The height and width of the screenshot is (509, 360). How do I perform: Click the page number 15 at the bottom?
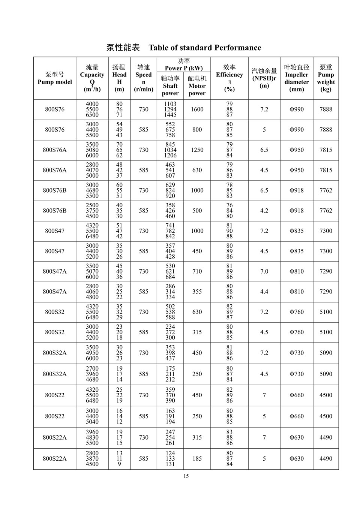[x=186, y=476]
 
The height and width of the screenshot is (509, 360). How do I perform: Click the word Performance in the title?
[x=238, y=48]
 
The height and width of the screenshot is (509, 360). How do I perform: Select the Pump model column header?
[x=55, y=78]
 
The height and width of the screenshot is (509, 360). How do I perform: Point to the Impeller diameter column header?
[x=297, y=78]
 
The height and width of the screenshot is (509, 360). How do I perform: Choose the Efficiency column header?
[x=229, y=78]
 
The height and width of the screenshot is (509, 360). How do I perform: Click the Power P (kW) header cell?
[x=184, y=64]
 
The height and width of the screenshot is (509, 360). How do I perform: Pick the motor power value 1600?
[x=197, y=109]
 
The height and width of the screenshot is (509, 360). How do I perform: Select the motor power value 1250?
[x=197, y=150]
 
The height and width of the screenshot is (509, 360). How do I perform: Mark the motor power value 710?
[x=197, y=271]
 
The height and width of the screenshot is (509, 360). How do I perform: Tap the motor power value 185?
[x=197, y=458]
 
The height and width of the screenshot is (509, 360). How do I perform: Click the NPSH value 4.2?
[x=264, y=211]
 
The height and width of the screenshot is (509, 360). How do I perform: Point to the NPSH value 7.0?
[x=264, y=271]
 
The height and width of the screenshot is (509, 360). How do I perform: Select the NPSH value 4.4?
[x=264, y=292]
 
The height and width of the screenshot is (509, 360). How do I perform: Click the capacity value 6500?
[x=92, y=115]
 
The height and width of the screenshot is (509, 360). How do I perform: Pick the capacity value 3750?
[x=92, y=211]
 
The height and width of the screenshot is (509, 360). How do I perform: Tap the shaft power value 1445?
[x=170, y=115]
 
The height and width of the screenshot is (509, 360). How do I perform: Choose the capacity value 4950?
[x=92, y=353]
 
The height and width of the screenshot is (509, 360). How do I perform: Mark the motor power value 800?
[x=197, y=130]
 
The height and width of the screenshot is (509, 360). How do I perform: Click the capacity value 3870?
[x=92, y=458]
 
